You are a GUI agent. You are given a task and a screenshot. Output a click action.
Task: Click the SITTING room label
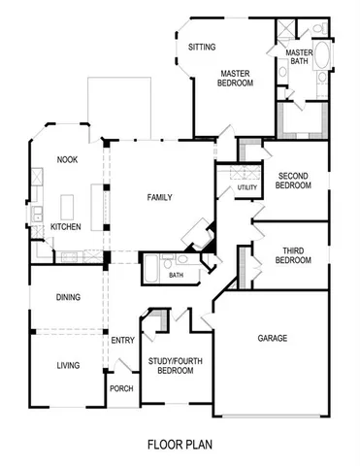pyautogui.click(x=202, y=47)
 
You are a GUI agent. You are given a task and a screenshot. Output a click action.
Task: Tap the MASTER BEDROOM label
pyautogui.click(x=236, y=78)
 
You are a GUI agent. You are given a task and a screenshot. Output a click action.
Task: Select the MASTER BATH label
pyautogui.click(x=298, y=57)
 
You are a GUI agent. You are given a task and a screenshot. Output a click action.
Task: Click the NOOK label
pyautogui.click(x=67, y=160)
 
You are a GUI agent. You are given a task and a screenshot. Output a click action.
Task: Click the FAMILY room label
pyautogui.click(x=159, y=197)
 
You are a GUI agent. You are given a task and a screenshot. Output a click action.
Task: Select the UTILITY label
pyautogui.click(x=246, y=187)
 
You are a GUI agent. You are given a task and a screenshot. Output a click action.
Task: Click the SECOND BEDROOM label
pyautogui.click(x=293, y=180)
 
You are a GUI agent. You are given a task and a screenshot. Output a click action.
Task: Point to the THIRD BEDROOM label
pyautogui.click(x=292, y=255)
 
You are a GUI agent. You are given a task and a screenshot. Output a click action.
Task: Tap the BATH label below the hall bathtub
pyautogui.click(x=176, y=275)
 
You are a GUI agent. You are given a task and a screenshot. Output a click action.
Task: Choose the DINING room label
pyautogui.click(x=67, y=298)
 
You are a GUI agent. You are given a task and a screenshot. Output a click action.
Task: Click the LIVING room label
pyautogui.click(x=67, y=366)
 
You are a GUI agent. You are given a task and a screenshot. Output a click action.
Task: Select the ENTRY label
pyautogui.click(x=122, y=340)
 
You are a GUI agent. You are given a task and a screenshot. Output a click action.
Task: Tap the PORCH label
pyautogui.click(x=121, y=388)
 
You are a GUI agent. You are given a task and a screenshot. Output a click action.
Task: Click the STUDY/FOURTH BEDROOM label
pyautogui.click(x=176, y=366)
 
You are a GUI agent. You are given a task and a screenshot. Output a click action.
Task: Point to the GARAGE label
pyautogui.click(x=273, y=339)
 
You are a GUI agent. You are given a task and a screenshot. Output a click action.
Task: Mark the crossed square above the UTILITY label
pyautogui.click(x=233, y=174)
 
